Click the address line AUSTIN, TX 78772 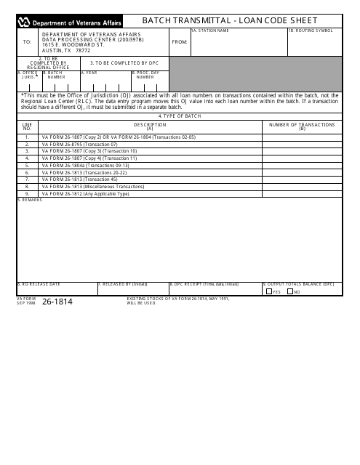point(66,50)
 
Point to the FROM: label point(179,42)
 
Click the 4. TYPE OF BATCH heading point(180,116)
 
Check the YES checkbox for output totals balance point(268,291)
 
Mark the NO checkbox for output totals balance point(290,291)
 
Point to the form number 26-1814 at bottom point(58,302)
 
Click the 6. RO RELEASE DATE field point(55,288)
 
